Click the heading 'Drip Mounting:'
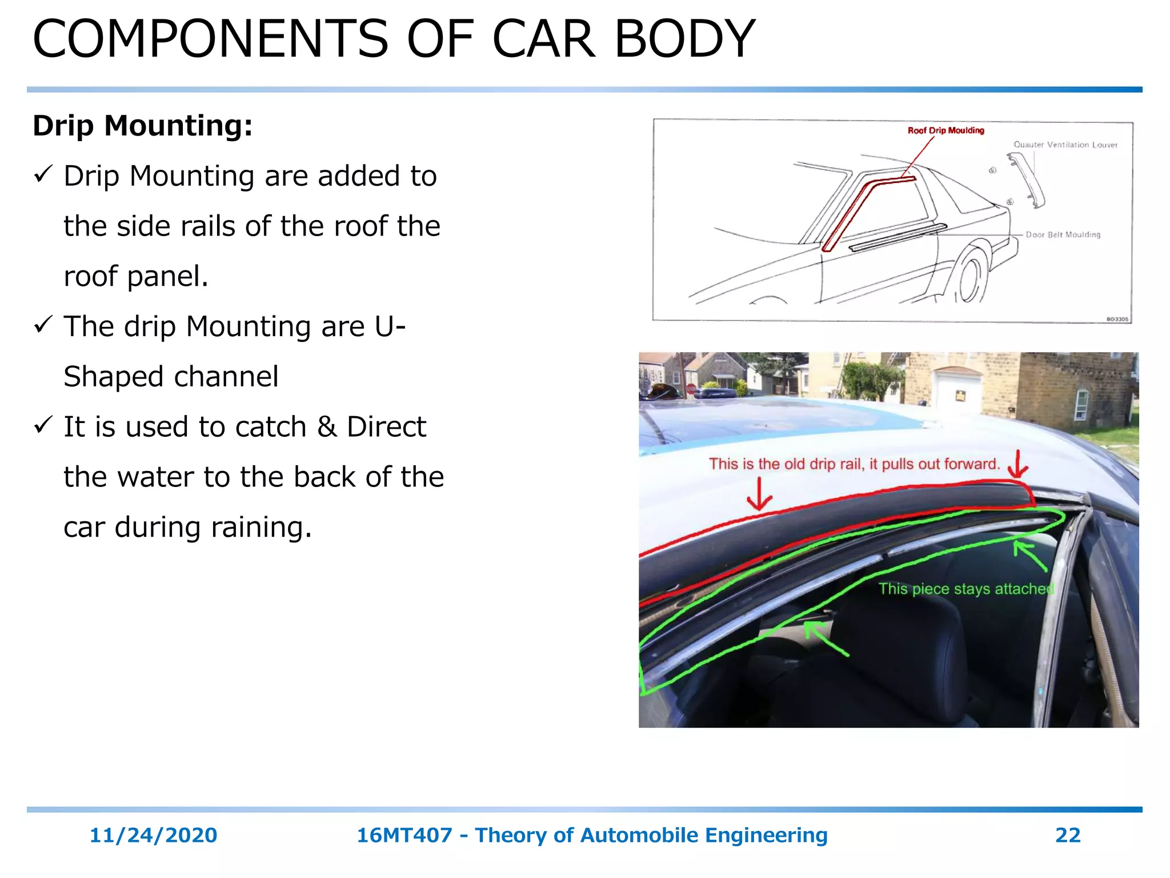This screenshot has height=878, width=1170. (143, 126)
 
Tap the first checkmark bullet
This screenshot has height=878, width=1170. (44, 174)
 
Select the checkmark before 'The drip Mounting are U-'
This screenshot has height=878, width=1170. (44, 325)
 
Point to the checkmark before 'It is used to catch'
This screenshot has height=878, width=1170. (44, 425)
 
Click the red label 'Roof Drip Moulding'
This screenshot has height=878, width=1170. (945, 130)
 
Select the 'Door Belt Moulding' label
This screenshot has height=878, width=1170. (1063, 234)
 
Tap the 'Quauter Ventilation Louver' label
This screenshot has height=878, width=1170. (1065, 145)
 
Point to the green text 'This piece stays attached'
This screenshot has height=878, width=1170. (965, 589)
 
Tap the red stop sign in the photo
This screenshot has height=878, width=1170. (691, 389)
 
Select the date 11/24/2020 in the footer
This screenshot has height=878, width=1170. (153, 835)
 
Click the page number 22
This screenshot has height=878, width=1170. (1068, 835)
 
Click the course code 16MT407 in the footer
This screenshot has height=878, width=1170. (404, 835)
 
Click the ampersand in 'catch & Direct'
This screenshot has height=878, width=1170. (327, 427)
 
